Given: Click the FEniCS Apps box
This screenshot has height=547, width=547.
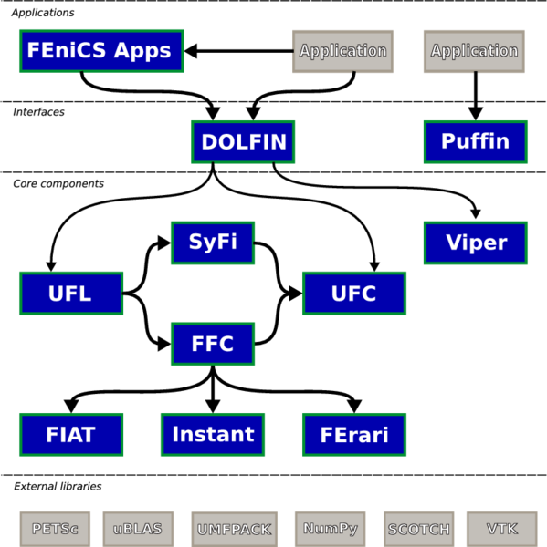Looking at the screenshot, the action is pyautogui.click(x=101, y=51).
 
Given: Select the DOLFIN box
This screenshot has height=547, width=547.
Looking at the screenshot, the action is pyautogui.click(x=243, y=141).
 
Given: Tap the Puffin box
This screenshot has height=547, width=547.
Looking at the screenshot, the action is pyautogui.click(x=476, y=141).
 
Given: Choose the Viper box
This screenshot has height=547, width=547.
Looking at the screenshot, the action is pyautogui.click(x=476, y=243).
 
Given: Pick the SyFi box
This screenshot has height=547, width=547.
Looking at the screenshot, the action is pyautogui.click(x=213, y=243).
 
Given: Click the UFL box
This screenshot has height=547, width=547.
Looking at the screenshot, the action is pyautogui.click(x=71, y=294).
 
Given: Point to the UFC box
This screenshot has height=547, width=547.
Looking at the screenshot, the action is pyautogui.click(x=354, y=294).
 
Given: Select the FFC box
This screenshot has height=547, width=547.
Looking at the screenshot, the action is pyautogui.click(x=213, y=344).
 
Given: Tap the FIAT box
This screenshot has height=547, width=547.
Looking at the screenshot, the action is pyautogui.click(x=71, y=435).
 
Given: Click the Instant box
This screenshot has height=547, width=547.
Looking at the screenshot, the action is pyautogui.click(x=213, y=435).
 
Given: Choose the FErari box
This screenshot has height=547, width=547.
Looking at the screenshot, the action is pyautogui.click(x=354, y=435).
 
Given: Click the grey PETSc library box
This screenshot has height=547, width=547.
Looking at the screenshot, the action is pyautogui.click(x=55, y=529).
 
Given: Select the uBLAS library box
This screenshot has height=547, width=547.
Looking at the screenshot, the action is pyautogui.click(x=138, y=529).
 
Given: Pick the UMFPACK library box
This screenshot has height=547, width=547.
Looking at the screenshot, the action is pyautogui.click(x=234, y=529).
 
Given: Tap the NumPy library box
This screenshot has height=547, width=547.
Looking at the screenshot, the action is pyautogui.click(x=331, y=529).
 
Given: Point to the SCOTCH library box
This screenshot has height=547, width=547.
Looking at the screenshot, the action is pyautogui.click(x=419, y=529).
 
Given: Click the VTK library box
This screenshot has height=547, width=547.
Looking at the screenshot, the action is pyautogui.click(x=502, y=529).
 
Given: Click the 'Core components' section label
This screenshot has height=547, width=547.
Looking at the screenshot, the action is pyautogui.click(x=58, y=184).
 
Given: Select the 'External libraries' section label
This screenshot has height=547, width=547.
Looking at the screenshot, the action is pyautogui.click(x=58, y=486).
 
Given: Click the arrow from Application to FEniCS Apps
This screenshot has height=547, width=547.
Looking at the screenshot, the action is pyautogui.click(x=238, y=51).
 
